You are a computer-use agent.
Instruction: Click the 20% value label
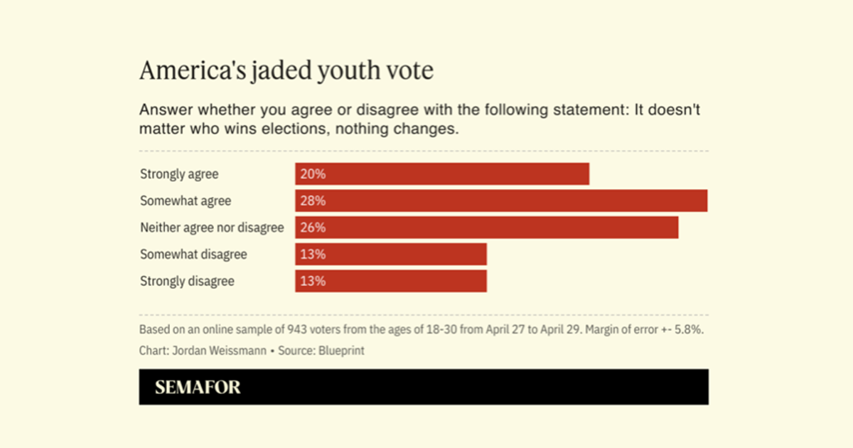pos(313,174)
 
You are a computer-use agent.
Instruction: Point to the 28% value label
pos(313,201)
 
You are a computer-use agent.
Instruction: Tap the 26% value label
pos(313,228)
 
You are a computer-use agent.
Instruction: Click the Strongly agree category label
pos(179,174)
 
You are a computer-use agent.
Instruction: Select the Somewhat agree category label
pos(186,201)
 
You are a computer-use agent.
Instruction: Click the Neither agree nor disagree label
pos(212,228)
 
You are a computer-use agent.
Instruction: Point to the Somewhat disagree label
pos(193,255)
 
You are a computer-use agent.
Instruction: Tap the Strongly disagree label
pos(187,281)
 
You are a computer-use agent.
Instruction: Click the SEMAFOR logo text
pos(198,388)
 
